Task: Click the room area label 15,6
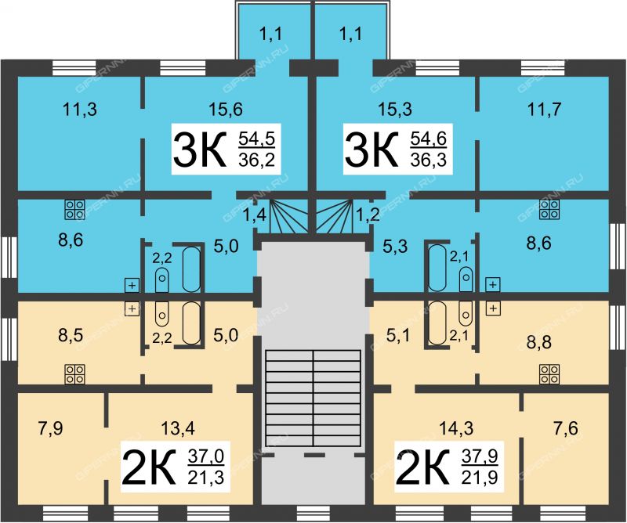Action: tap(226, 109)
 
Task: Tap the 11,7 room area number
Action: tap(544, 109)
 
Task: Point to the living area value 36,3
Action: tap(428, 160)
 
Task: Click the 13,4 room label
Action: tap(178, 429)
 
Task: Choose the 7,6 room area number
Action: tap(566, 429)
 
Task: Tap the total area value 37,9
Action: tap(480, 456)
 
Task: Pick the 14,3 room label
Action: tap(456, 429)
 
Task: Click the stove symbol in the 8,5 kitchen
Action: tap(74, 374)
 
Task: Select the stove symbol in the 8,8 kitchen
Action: tap(549, 374)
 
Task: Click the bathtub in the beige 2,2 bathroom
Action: tap(191, 323)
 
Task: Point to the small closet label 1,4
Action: tap(255, 216)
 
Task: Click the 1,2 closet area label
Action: tap(368, 216)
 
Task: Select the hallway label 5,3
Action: tap(395, 247)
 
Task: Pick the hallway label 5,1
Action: tap(398, 336)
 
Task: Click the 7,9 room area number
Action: tap(51, 429)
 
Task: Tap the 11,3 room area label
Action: tap(80, 109)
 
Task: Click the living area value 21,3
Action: tap(206, 477)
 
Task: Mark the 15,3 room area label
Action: tap(395, 109)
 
